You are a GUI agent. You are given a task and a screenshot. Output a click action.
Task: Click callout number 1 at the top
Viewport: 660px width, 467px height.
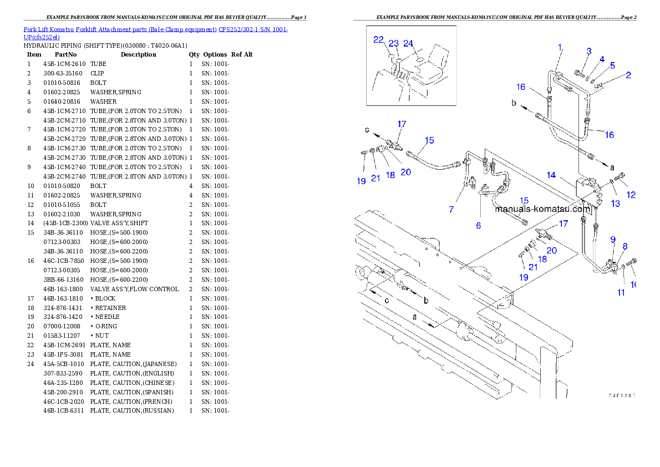[560, 47]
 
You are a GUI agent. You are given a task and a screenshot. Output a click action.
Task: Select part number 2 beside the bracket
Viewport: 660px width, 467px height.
[628, 75]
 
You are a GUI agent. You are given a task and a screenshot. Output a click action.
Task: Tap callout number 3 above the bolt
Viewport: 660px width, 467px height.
[589, 52]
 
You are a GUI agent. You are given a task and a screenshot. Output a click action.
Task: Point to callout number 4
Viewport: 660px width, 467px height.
[602, 59]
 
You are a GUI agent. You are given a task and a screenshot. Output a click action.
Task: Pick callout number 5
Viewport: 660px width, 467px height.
[612, 65]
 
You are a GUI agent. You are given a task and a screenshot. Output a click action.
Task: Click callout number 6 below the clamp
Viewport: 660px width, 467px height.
[478, 225]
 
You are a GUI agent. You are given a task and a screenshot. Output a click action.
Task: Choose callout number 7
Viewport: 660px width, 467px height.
[451, 209]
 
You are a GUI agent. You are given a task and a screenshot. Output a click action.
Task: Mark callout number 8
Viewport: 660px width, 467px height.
[625, 246]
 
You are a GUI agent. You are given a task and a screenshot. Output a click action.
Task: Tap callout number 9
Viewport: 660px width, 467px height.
[613, 240]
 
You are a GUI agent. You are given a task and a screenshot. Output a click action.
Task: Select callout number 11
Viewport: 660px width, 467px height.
[622, 292]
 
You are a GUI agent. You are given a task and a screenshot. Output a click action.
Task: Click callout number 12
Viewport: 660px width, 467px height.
[631, 195]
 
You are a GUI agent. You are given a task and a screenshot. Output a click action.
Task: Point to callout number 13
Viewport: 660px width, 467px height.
[616, 204]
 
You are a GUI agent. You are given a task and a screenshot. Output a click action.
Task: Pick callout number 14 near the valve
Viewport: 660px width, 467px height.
[551, 175]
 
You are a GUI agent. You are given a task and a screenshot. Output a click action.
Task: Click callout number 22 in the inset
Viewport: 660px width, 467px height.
[378, 39]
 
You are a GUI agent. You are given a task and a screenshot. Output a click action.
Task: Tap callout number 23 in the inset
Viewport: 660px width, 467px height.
[394, 43]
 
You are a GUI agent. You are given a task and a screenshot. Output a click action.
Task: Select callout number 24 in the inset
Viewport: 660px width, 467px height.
[408, 43]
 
